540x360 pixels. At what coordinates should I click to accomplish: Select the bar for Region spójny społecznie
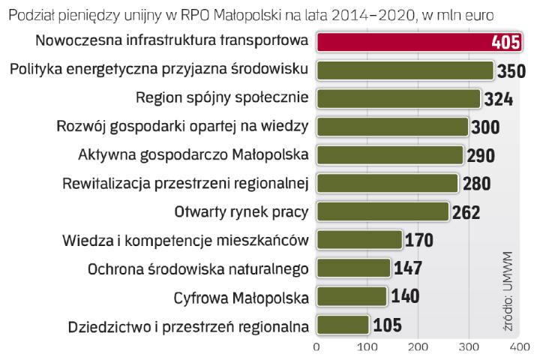pyautogui.click(x=398, y=98)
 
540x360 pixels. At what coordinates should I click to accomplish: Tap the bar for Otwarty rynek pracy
pyautogui.click(x=382, y=211)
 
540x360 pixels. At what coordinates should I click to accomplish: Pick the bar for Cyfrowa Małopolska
pyautogui.click(x=351, y=296)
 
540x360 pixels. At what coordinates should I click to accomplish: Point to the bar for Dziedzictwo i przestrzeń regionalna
pyautogui.click(x=343, y=325)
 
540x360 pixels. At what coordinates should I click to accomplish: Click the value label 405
pyautogui.click(x=505, y=42)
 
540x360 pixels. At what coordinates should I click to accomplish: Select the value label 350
pyautogui.click(x=511, y=71)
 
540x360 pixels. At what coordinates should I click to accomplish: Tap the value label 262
pyautogui.click(x=466, y=212)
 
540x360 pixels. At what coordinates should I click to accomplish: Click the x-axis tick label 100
pyautogui.click(x=367, y=347)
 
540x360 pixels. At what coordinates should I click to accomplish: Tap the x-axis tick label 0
pyautogui.click(x=316, y=347)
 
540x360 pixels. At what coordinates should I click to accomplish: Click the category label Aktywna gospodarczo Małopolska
pyautogui.click(x=193, y=154)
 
